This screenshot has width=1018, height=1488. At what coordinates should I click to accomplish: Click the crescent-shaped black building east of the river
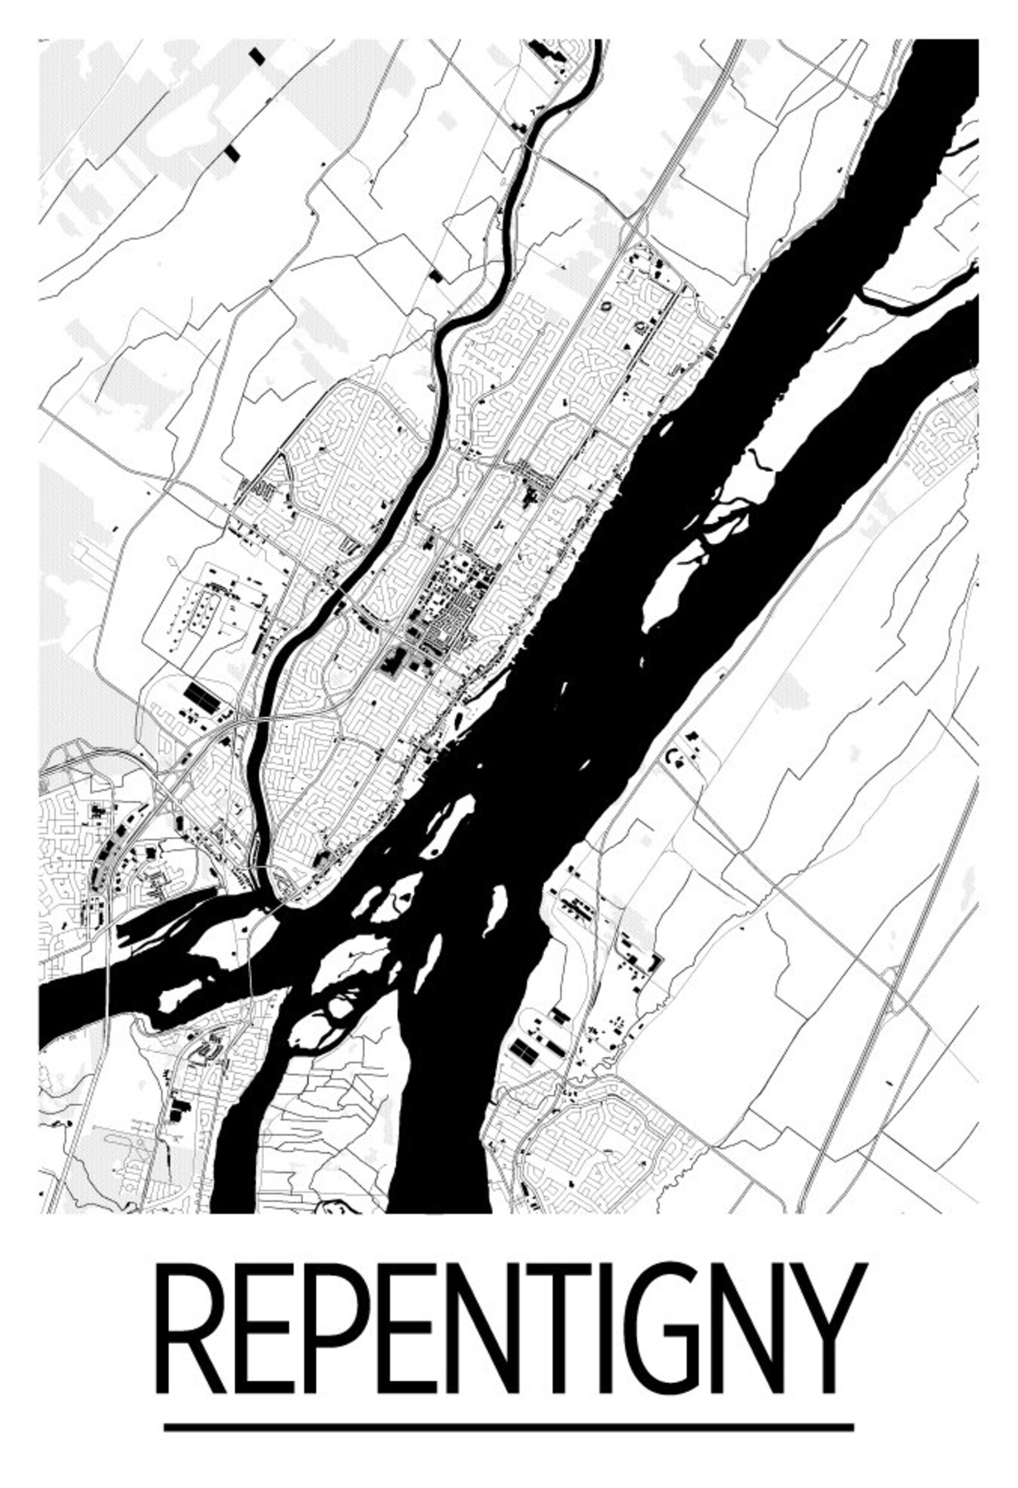[x=672, y=757]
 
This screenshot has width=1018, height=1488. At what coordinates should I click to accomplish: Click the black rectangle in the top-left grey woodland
[x=257, y=56]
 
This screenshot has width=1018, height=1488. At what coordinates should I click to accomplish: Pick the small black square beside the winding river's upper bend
[x=436, y=276]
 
